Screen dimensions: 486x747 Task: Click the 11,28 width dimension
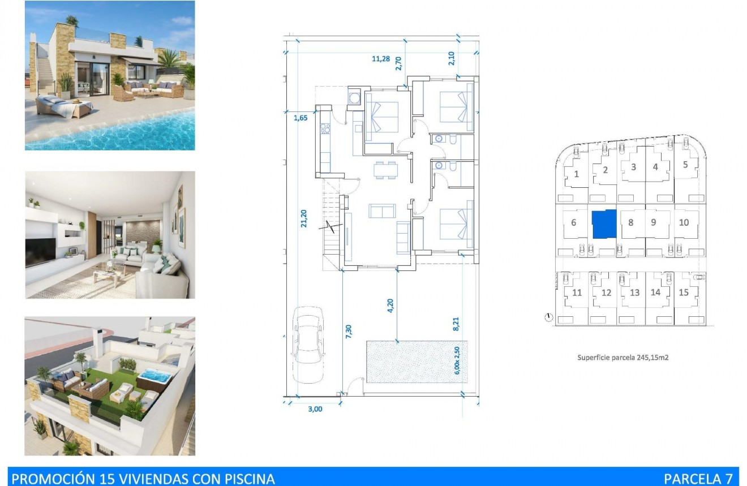(381, 58)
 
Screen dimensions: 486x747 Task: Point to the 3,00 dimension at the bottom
(315, 409)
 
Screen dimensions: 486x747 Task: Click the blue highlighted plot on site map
(604, 223)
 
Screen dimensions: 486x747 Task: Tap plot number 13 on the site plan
(634, 293)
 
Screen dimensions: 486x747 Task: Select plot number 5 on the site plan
(685, 165)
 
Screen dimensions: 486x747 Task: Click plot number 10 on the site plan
(684, 222)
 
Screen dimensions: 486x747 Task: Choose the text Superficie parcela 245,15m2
(622, 358)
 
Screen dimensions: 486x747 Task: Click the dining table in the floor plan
(386, 169)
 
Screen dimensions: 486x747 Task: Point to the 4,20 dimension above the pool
(390, 306)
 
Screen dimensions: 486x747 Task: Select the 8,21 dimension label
(456, 324)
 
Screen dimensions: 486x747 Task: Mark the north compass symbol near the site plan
(548, 318)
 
